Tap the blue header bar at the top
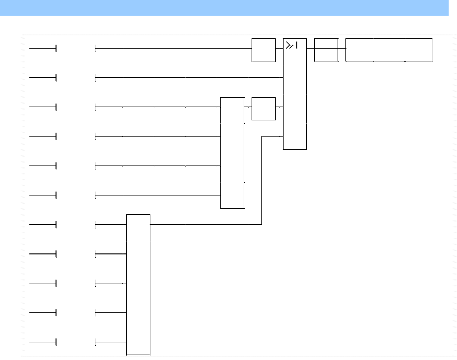[224, 7]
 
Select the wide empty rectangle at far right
[389, 50]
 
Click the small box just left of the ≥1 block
[263, 50]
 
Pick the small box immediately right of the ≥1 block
[326, 50]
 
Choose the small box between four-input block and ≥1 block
[263, 109]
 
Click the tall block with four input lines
[232, 153]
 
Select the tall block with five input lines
[138, 284]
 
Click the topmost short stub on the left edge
[43, 49]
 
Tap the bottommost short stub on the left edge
[43, 342]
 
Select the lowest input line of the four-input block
[157, 195]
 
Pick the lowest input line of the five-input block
[111, 342]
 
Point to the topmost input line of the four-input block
[157, 107]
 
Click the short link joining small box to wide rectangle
[342, 49]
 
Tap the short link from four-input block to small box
[248, 107]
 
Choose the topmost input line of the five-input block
[111, 225]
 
